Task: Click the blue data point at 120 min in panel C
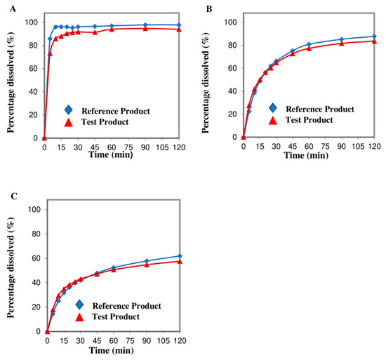tap(180, 256)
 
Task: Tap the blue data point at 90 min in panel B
tap(341, 39)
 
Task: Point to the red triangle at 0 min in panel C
tap(47, 330)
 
